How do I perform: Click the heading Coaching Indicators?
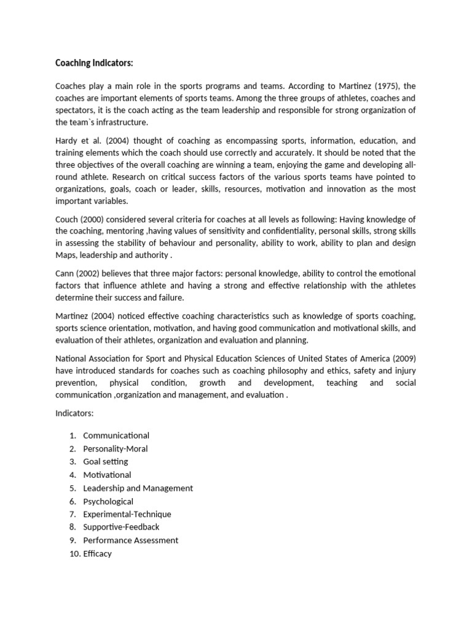pyautogui.click(x=94, y=63)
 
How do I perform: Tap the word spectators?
pyautogui.click(x=76, y=110)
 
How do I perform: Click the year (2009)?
pyautogui.click(x=401, y=358)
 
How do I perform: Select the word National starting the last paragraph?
pyautogui.click(x=73, y=358)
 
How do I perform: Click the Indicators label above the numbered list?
pyautogui.click(x=74, y=414)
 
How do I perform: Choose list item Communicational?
pyautogui.click(x=116, y=436)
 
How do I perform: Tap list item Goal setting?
pyautogui.click(x=106, y=461)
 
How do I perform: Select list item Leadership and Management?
pyautogui.click(x=138, y=488)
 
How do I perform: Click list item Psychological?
pyautogui.click(x=108, y=501)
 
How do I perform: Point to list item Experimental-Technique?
pyautogui.click(x=127, y=514)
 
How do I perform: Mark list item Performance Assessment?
pyautogui.click(x=131, y=540)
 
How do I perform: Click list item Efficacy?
pyautogui.click(x=97, y=553)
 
